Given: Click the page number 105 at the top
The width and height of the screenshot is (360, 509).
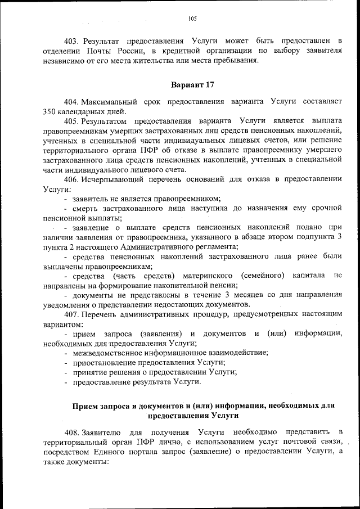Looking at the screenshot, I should [192, 19].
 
